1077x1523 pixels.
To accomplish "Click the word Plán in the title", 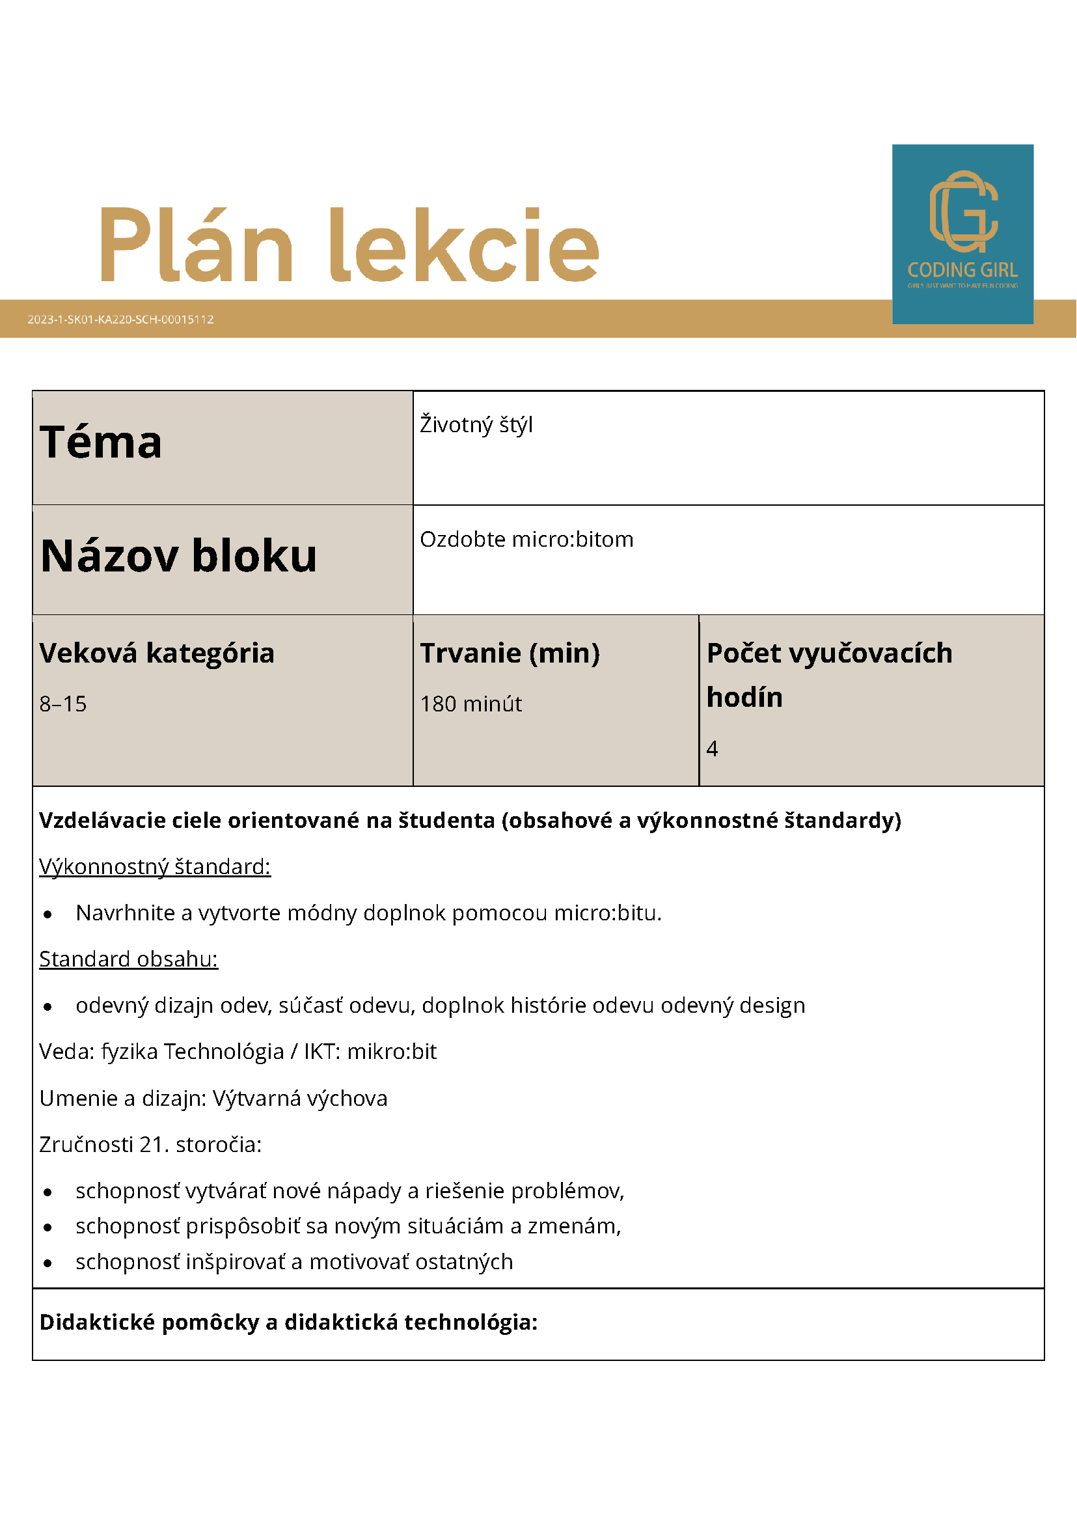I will (197, 245).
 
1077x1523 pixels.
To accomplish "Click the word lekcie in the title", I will (464, 245).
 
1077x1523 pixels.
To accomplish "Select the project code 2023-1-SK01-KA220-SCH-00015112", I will (120, 320).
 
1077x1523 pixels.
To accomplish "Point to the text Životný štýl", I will (476, 424).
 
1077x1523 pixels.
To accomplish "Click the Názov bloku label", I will (178, 555).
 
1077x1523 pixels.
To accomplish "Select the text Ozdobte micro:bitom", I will (526, 540).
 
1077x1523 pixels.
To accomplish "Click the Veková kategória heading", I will (157, 653).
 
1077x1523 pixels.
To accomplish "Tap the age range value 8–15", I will (63, 704).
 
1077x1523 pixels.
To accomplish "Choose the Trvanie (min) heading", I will (510, 653).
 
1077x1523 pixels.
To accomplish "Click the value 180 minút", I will (471, 704).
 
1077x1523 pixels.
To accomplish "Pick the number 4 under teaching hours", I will (713, 749).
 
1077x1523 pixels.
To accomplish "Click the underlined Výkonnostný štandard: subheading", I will (154, 867).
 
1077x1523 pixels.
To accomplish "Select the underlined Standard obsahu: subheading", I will (129, 959).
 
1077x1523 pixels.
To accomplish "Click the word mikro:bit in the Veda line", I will (392, 1052).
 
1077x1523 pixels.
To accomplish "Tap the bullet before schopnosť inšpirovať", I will (48, 1263).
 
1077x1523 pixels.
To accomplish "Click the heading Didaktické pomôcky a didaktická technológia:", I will (288, 1323).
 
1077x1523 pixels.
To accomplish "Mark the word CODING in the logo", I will (936, 271).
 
